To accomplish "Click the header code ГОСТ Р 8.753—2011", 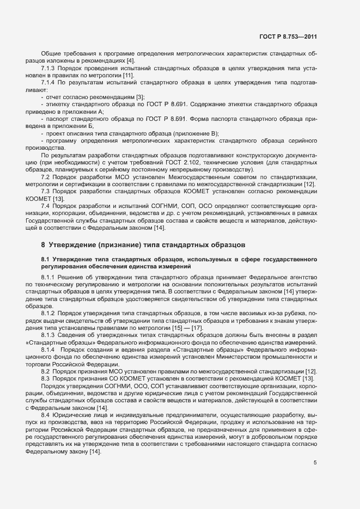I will [x=288, y=37].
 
